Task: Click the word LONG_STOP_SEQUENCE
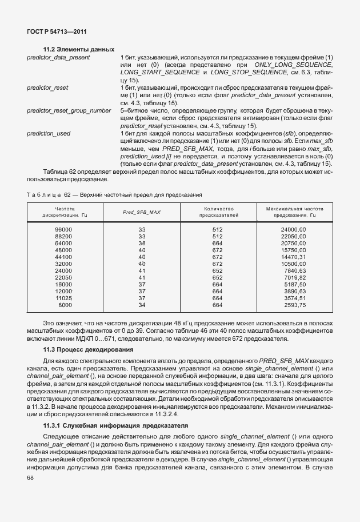(x=249, y=73)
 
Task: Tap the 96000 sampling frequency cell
(x=63, y=229)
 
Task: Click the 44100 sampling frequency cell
(x=63, y=257)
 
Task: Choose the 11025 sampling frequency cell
(x=63, y=298)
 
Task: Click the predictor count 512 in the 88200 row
(x=217, y=236)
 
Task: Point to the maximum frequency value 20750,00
(x=294, y=243)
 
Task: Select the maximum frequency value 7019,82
(x=294, y=277)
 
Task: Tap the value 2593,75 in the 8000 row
(x=294, y=305)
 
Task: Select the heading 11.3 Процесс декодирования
(x=86, y=349)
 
